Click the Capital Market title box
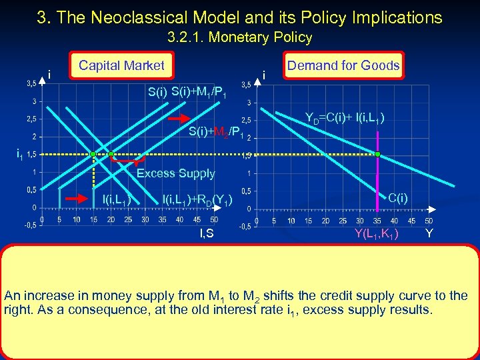[x=121, y=65]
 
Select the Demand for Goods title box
[x=343, y=65]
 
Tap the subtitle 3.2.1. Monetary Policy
[x=240, y=37]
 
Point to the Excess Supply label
[x=175, y=173]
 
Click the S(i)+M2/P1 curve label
[x=214, y=131]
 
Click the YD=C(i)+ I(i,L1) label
[x=343, y=119]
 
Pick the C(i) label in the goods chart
[x=398, y=197]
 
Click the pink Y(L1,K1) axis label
[x=377, y=233]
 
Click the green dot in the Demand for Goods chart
[x=377, y=154]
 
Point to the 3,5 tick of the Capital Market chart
[x=31, y=83]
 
